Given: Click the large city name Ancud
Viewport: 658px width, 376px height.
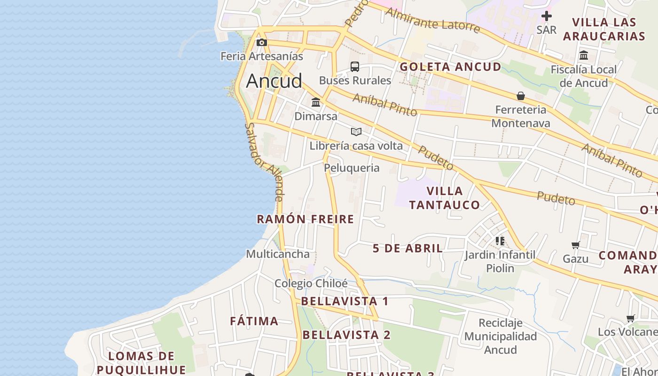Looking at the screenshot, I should pos(274,81).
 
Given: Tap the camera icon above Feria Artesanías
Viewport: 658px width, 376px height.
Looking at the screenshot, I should pos(262,43).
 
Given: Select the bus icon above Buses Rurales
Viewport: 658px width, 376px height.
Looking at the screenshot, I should pos(355,67).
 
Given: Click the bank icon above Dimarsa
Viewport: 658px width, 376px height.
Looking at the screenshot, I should pos(316,102).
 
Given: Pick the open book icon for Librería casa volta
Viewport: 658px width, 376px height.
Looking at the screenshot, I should pos(356,132).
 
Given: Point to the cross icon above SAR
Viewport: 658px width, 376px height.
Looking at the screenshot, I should pos(546,16).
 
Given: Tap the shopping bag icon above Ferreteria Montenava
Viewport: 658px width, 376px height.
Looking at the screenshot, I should pos(521,96).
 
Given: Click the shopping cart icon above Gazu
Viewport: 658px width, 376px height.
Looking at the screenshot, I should pos(576,245).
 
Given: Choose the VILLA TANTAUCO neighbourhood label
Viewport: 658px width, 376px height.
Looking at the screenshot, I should pos(444,198).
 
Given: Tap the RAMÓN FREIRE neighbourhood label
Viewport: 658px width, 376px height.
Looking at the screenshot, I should pos(305,219).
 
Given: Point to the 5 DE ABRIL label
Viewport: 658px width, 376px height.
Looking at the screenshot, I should pos(408,248).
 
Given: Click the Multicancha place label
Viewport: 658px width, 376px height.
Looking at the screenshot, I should pos(278,254).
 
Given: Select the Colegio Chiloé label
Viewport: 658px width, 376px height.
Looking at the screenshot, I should pos(311,283).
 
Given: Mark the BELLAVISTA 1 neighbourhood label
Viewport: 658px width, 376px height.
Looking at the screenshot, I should pos(345,301).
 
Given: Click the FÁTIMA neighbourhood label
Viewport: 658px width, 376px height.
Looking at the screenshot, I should pos(254,321).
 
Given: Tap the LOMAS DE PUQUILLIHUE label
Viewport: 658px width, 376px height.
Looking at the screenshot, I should pos(141,362).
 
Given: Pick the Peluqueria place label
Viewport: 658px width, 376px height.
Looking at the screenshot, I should pos(352,168).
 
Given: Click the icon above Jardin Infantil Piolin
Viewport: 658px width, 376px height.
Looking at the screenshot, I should pos(500,241).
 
